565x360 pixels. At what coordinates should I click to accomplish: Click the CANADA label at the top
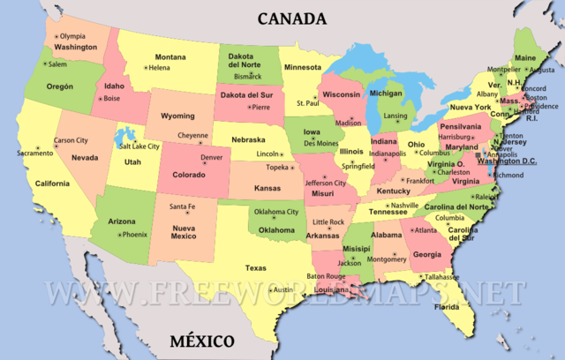[x=291, y=18]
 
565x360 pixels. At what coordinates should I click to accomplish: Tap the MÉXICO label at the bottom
[x=203, y=341]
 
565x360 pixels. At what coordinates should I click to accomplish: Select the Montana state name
[x=169, y=56]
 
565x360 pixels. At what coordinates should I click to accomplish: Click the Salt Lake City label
[x=139, y=146]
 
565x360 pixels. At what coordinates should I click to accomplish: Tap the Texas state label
[x=255, y=267]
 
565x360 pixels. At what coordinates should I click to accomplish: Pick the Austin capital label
[x=282, y=289]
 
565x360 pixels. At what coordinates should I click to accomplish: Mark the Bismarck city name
[x=247, y=76]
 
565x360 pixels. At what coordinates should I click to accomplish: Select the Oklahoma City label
[x=276, y=212]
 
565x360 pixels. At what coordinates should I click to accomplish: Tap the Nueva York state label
[x=470, y=107]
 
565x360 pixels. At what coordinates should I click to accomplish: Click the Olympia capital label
[x=72, y=36]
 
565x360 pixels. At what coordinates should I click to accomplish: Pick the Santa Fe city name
[x=181, y=206]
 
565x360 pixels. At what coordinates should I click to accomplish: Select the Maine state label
[x=524, y=58]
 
